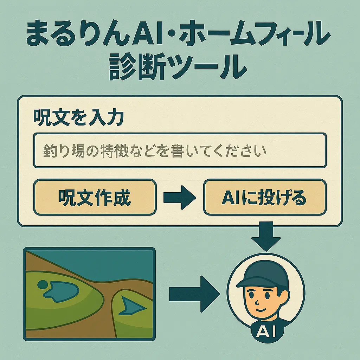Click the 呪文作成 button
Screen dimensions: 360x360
pos(95,197)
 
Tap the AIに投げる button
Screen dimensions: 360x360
pos(265,197)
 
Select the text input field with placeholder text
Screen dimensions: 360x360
pos(179,150)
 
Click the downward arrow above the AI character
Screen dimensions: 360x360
pos(266,236)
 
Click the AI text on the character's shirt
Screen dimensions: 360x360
pos(266,332)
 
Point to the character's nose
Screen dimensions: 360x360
pos(260,302)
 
